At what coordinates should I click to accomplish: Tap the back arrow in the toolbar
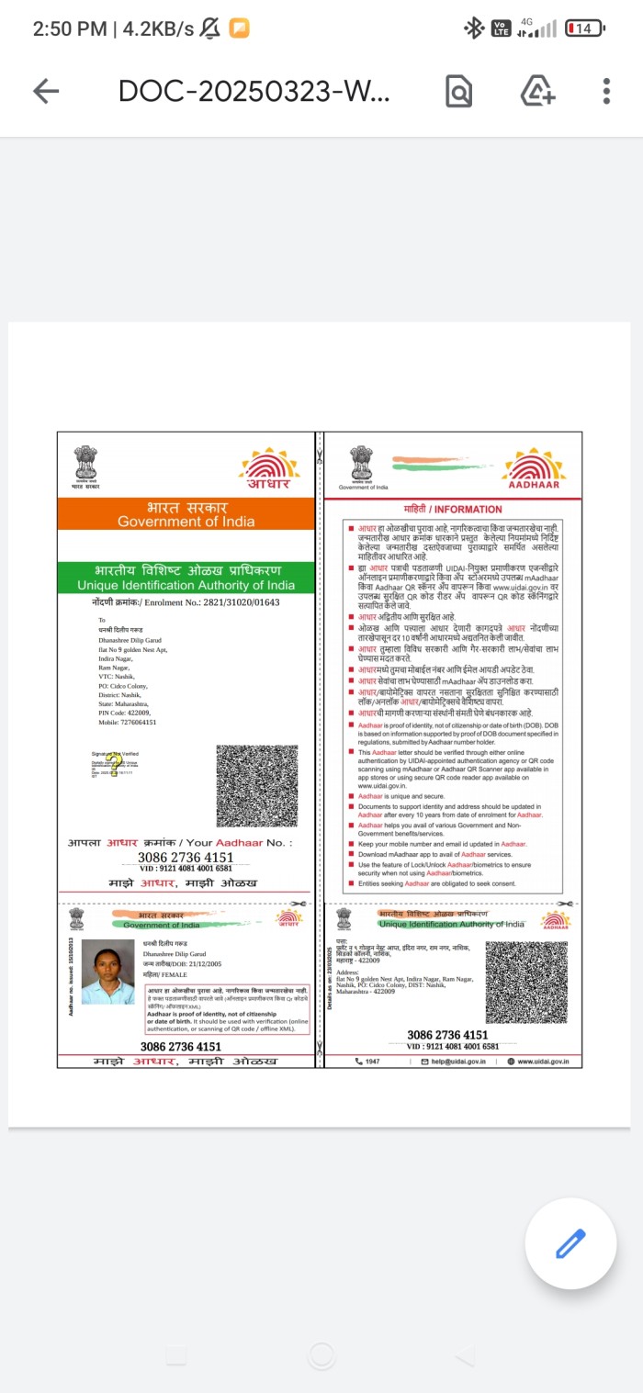45,90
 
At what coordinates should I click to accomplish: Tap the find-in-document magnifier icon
458,91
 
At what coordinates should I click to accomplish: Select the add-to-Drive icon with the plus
537,91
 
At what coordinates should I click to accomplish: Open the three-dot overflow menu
606,91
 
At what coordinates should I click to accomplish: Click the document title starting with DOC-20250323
254,91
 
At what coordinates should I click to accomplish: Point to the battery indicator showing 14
584,28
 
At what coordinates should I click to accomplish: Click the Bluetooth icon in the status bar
474,28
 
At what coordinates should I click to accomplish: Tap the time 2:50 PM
69,28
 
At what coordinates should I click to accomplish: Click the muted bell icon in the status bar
209,28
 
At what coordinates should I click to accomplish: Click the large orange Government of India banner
186,514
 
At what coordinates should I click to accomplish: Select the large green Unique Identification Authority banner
186,578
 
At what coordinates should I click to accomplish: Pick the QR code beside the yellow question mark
256,786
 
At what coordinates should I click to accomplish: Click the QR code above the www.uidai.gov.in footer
526,982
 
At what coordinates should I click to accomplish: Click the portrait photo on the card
107,972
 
